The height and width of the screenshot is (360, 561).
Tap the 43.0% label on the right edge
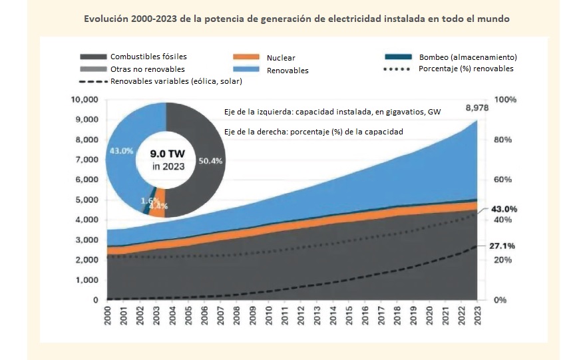click(504, 209)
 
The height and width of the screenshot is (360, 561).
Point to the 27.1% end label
click(504, 246)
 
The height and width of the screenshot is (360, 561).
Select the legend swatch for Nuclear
click(248, 58)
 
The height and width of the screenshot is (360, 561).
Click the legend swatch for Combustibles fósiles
click(93, 57)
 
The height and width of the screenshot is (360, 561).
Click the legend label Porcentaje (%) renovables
click(466, 69)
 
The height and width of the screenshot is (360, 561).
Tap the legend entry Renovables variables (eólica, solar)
click(176, 81)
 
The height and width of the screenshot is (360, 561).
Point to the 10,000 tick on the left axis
click(85, 100)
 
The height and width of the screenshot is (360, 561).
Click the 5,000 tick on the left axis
click(87, 200)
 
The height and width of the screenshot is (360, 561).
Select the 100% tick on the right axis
click(505, 100)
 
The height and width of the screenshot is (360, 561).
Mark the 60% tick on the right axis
click(503, 180)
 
